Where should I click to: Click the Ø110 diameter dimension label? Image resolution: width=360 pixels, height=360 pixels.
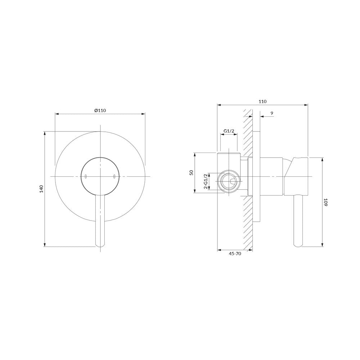click(100, 111)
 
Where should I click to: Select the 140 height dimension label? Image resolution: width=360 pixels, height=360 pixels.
click(41, 189)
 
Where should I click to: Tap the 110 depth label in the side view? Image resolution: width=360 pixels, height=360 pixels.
click(262, 102)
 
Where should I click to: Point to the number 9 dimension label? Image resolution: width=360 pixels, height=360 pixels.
click(272, 113)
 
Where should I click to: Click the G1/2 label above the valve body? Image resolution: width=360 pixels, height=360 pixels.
click(229, 131)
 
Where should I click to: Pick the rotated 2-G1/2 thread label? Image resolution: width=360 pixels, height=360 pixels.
click(206, 181)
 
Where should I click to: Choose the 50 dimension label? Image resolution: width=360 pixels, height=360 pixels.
click(192, 172)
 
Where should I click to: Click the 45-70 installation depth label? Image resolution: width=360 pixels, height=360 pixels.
click(235, 254)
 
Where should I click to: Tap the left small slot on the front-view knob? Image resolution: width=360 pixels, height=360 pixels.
click(86, 176)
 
